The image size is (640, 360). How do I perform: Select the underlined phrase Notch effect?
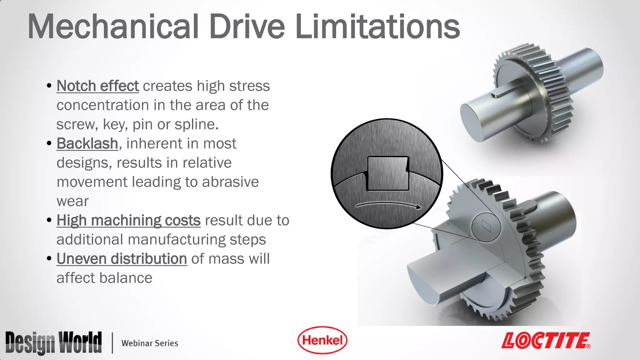[x=97, y=86]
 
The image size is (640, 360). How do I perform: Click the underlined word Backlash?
[x=87, y=144]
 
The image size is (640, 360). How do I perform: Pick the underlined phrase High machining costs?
[x=128, y=220]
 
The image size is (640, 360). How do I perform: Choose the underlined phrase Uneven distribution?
[x=122, y=259]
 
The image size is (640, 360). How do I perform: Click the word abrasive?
[x=230, y=182]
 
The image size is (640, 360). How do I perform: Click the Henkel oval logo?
[x=322, y=340]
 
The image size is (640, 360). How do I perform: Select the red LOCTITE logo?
[x=546, y=341]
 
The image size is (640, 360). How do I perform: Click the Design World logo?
[x=53, y=342]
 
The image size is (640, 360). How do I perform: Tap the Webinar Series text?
[x=150, y=343]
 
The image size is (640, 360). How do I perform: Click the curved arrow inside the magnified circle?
[x=387, y=204]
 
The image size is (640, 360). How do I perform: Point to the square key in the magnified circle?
[x=388, y=173]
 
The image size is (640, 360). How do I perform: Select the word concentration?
[x=102, y=105]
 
